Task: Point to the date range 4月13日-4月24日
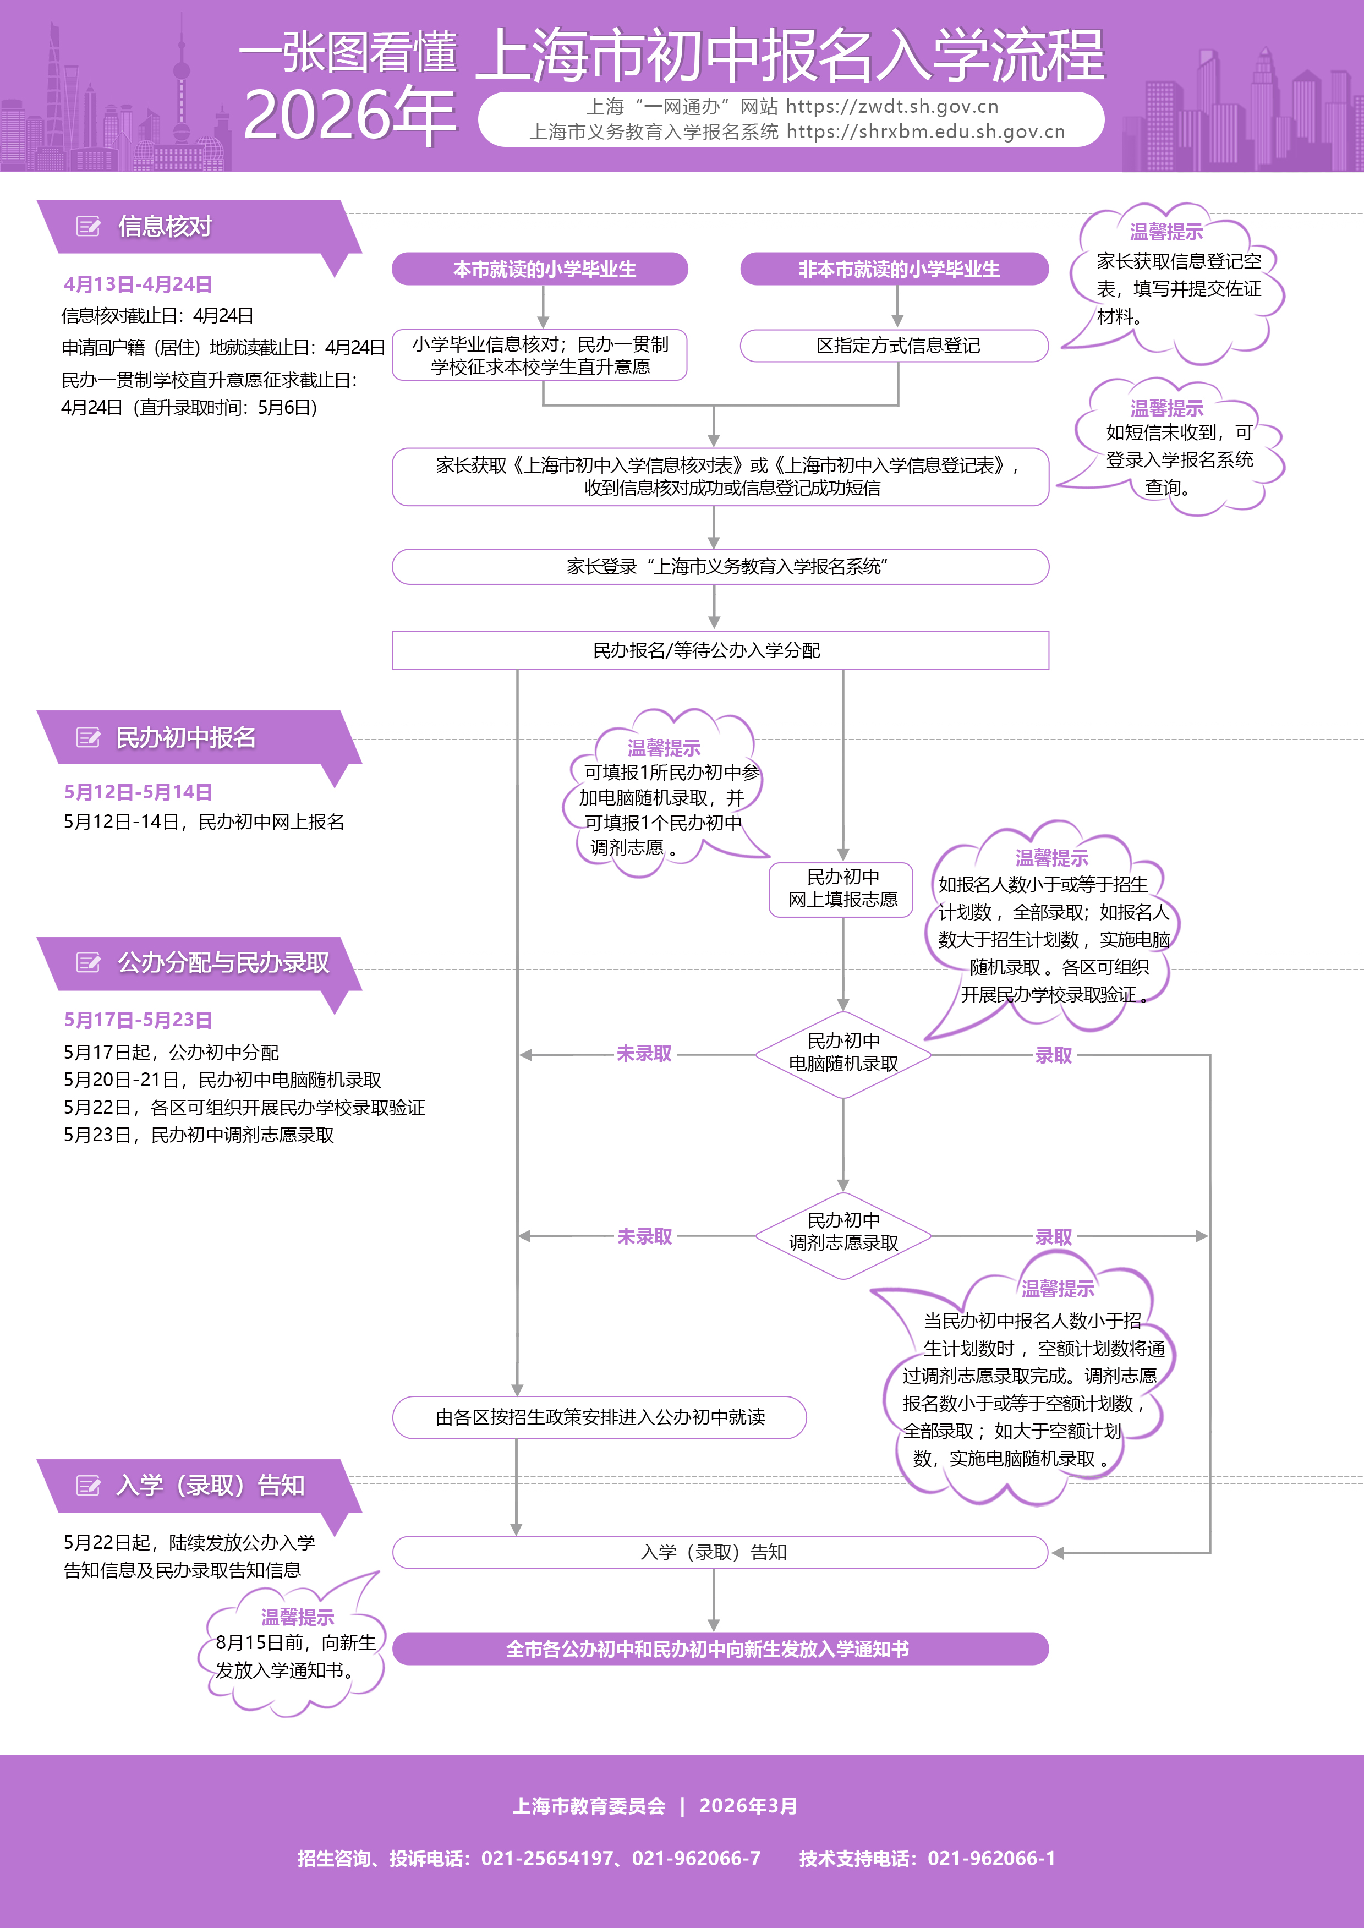[138, 284]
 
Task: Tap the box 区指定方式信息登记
[897, 345]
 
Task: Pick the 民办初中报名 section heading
[185, 737]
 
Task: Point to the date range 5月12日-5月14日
[138, 792]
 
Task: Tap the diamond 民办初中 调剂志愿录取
[842, 1233]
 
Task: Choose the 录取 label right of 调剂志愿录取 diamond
[1053, 1237]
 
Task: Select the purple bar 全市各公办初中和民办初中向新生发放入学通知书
[720, 1649]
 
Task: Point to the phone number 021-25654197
[547, 1858]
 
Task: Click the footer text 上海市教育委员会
[589, 1806]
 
